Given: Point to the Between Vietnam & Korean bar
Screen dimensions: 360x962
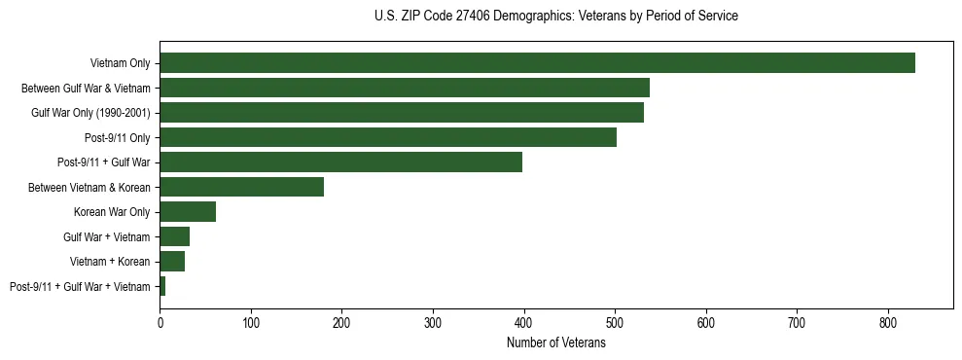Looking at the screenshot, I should (241, 187).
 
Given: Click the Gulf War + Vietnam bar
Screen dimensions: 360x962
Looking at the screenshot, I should (174, 236).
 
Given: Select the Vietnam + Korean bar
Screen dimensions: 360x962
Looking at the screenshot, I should (172, 262).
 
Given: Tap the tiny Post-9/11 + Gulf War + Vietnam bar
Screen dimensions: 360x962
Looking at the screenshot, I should (162, 286).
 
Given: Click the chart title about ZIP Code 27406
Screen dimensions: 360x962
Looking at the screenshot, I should (555, 17).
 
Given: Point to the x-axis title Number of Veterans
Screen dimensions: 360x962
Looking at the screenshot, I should (555, 343).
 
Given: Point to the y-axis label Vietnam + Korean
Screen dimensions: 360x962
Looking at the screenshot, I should (110, 262).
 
